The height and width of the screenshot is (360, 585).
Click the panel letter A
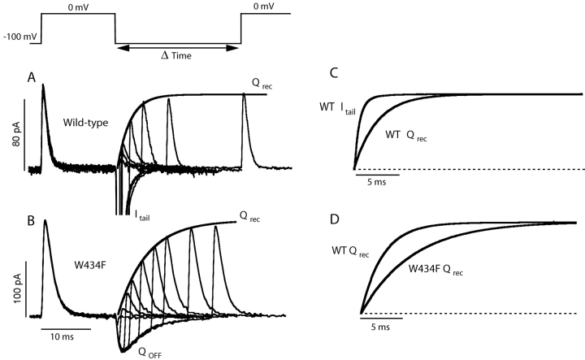pyautogui.click(x=33, y=78)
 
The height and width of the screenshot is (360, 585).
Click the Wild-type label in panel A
pyautogui.click(x=88, y=123)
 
